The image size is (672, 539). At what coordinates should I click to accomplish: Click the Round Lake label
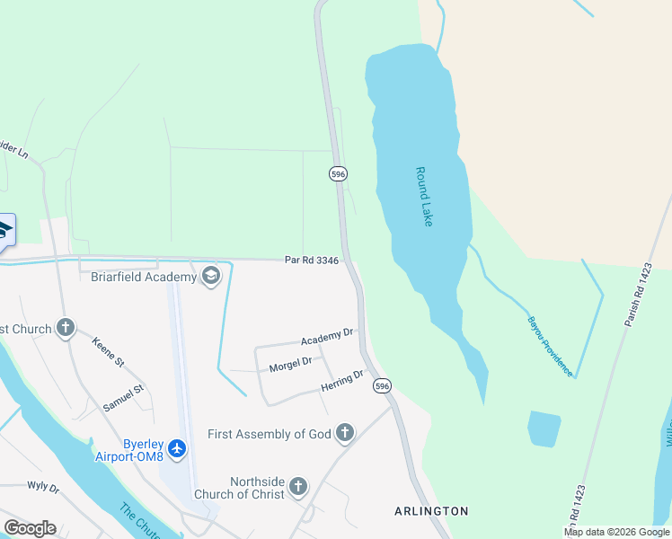[424, 196]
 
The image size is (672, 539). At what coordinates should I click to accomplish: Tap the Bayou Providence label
[550, 346]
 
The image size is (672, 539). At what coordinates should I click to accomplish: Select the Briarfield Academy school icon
[212, 276]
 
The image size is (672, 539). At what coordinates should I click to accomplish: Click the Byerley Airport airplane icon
[177, 447]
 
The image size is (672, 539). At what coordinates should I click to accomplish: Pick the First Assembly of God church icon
[344, 434]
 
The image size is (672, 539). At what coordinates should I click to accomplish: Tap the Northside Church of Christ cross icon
[298, 488]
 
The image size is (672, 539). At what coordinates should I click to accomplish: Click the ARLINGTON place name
[431, 511]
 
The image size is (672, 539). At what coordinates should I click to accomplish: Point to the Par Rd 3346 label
[312, 261]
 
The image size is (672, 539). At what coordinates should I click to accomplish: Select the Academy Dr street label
[326, 338]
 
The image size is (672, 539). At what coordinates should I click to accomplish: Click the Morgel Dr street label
[290, 363]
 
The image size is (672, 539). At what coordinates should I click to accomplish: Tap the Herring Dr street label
[341, 382]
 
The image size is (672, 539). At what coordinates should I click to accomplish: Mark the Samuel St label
[123, 399]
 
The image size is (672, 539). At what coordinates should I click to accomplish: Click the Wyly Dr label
[43, 488]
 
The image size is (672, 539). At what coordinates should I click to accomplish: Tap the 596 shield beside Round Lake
[338, 174]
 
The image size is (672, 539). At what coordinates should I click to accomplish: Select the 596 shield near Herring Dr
[383, 385]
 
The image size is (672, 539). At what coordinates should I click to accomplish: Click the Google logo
[30, 528]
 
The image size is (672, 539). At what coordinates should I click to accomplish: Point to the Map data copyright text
[616, 532]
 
